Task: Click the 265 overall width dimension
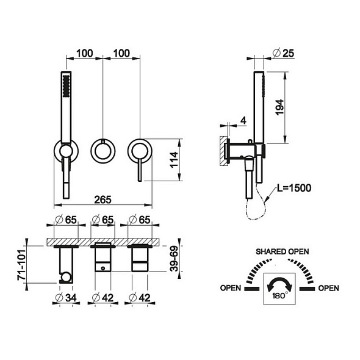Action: click(103, 200)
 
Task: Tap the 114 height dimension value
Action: click(174, 160)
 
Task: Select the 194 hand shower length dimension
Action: click(279, 107)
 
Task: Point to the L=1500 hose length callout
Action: click(294, 188)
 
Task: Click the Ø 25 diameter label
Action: click(284, 53)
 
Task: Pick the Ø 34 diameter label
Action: click(66, 298)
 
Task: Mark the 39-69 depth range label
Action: click(175, 259)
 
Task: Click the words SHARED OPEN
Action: click(282, 251)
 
